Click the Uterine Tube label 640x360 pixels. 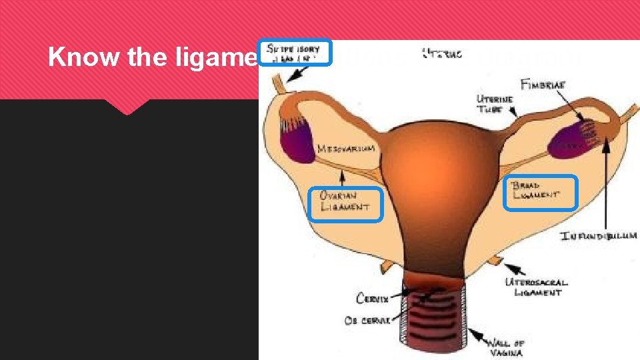point(495,104)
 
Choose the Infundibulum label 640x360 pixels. point(599,236)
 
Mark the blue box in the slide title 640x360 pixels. point(295,52)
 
